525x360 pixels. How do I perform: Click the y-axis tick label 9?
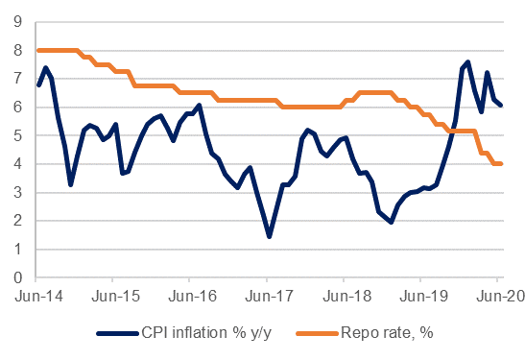pyautogui.click(x=17, y=22)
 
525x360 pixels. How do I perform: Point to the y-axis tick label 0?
pyautogui.click(x=17, y=278)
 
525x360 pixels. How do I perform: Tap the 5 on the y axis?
pyautogui.click(x=17, y=135)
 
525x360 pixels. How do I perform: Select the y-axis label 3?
pyautogui.click(x=17, y=193)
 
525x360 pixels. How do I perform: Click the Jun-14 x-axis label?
pyautogui.click(x=38, y=296)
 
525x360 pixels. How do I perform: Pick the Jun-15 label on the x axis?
pyautogui.click(x=115, y=296)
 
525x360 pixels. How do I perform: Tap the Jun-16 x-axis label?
pyautogui.click(x=193, y=296)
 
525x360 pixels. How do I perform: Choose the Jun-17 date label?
pyautogui.click(x=270, y=296)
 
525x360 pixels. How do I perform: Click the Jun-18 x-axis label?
pyautogui.click(x=346, y=296)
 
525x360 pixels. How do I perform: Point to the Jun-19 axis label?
pyautogui.click(x=423, y=296)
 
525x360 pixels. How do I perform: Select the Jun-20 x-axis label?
pyautogui.click(x=501, y=296)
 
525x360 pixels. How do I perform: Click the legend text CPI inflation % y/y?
pyautogui.click(x=206, y=333)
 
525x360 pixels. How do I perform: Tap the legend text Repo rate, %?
pyautogui.click(x=387, y=333)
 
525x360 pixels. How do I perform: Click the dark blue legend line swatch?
pyautogui.click(x=117, y=333)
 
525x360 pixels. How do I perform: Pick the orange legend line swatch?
pyautogui.click(x=317, y=333)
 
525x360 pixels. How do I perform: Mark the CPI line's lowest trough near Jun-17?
pyautogui.click(x=269, y=236)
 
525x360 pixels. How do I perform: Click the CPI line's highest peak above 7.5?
pyautogui.click(x=468, y=62)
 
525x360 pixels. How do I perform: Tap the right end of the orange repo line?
pyautogui.click(x=501, y=164)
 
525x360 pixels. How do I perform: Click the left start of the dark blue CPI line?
pyautogui.click(x=38, y=85)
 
